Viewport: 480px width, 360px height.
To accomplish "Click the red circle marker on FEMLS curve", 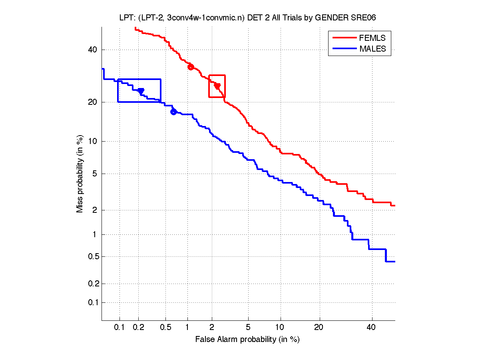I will click(191, 67).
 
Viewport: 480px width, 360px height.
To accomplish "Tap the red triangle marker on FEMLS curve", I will click(217, 86).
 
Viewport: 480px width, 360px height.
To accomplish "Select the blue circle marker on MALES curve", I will click(173, 112).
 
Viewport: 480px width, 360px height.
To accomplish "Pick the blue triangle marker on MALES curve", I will click(141, 92).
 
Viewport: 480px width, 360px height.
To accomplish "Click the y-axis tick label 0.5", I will click(92, 256).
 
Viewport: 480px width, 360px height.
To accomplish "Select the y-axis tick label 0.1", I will click(92, 302).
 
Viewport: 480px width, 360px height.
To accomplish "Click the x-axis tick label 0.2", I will click(138, 328).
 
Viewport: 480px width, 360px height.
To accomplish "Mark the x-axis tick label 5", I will click(248, 328).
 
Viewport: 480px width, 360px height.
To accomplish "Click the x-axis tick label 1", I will click(187, 328).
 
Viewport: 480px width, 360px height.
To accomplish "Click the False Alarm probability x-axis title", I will click(247, 340).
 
